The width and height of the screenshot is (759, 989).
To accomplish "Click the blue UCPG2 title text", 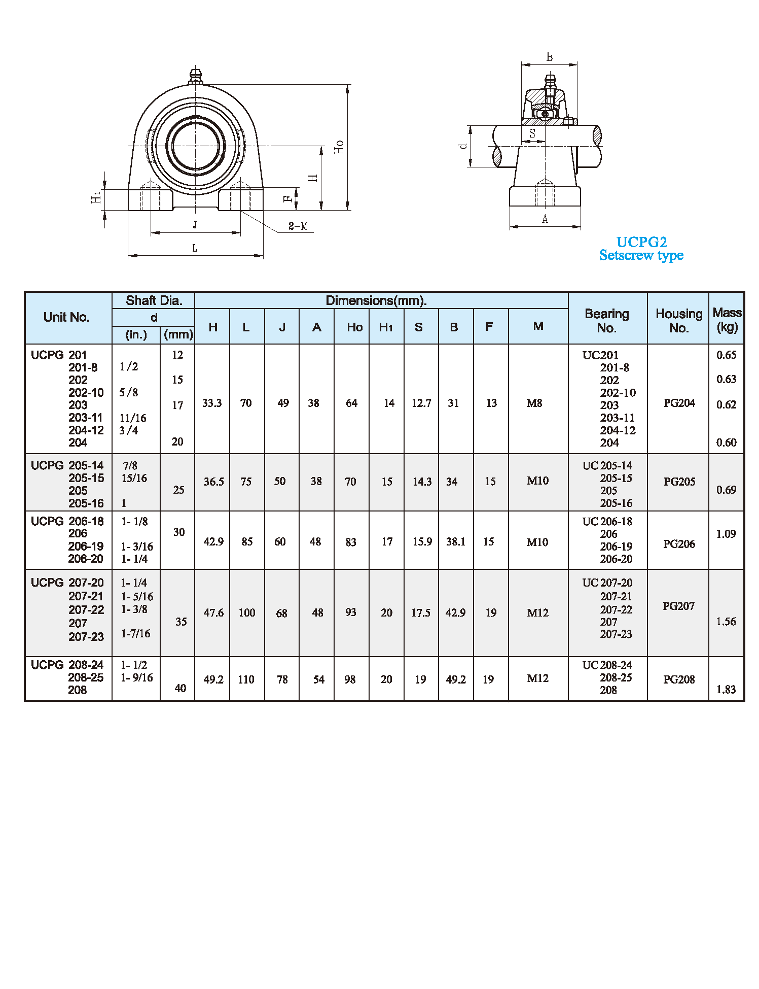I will [641, 242].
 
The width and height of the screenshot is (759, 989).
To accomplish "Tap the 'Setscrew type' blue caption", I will [641, 255].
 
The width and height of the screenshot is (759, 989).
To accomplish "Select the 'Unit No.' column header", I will [66, 317].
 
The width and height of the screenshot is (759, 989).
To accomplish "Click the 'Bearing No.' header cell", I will [607, 321].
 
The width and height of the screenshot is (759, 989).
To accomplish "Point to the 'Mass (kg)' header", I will [727, 320].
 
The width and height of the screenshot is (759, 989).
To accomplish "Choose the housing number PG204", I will [679, 403].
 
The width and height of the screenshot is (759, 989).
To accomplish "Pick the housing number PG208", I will [679, 679].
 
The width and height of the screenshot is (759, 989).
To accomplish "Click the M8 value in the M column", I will [534, 403].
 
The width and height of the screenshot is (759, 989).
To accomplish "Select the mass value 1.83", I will [726, 690].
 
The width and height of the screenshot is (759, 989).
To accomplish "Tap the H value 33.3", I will [212, 403].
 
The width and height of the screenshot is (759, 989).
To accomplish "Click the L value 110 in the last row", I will [246, 679].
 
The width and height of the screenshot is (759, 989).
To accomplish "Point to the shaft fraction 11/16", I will [133, 418].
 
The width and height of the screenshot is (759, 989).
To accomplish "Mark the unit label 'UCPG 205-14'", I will [67, 465].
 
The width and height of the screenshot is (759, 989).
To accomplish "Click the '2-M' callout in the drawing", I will [298, 226].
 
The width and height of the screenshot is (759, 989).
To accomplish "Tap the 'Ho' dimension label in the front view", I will [339, 147].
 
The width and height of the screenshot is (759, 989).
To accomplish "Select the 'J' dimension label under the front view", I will [195, 225].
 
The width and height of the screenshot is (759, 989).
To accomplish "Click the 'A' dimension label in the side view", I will [545, 219].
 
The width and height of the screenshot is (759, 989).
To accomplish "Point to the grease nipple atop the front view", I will [195, 76].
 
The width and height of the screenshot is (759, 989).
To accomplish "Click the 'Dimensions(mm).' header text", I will [376, 300].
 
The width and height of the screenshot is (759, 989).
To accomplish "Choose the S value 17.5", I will [421, 613].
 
